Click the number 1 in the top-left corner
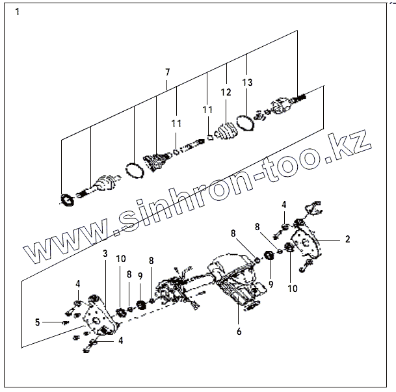[18, 12]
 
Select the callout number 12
[226, 94]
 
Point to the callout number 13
[247, 83]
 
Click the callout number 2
[347, 239]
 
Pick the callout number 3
[105, 254]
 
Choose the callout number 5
[38, 321]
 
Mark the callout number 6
[239, 331]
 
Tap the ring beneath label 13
[245, 122]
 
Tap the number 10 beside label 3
[121, 259]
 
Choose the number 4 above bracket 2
[284, 205]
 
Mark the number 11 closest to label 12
[207, 111]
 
